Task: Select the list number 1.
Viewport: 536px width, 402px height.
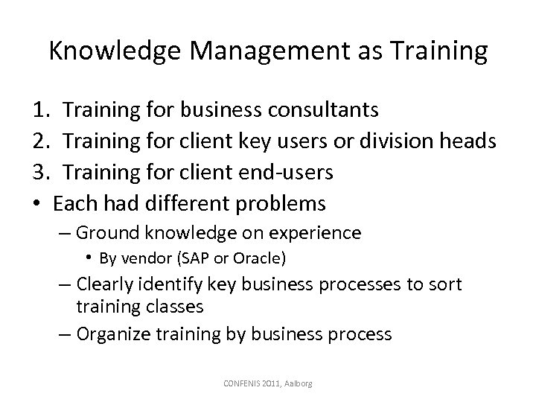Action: pos(41,111)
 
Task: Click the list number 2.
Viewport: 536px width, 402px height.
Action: pos(41,141)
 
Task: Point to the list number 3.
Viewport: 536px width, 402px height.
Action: pos(41,172)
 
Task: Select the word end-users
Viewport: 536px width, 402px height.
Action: pos(286,172)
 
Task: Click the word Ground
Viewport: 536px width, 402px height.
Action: pos(103,233)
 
